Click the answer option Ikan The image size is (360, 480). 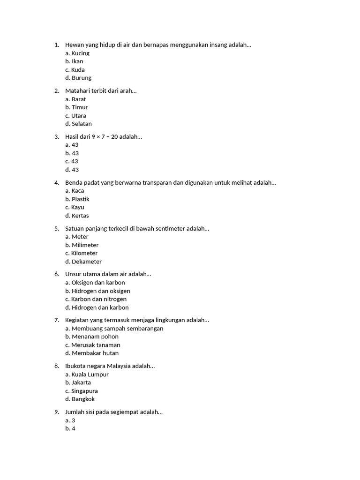pyautogui.click(x=77, y=61)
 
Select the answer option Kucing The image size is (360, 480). pyautogui.click(x=80, y=53)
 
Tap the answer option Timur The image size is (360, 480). pyautogui.click(x=80, y=107)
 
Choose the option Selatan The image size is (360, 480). pyautogui.click(x=82, y=124)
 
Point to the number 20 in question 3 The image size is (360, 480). pyautogui.click(x=114, y=137)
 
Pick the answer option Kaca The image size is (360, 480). pyautogui.click(x=78, y=191)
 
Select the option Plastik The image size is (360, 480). pyautogui.click(x=80, y=199)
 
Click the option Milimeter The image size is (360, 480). pyautogui.click(x=85, y=245)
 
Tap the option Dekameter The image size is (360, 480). pyautogui.click(x=86, y=262)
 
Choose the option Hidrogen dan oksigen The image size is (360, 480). pyautogui.click(x=101, y=291)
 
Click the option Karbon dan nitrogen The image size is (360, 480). pyautogui.click(x=99, y=299)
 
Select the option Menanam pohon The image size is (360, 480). pyautogui.click(x=95, y=337)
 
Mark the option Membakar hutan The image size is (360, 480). pyautogui.click(x=95, y=353)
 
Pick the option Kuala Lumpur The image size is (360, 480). pyautogui.click(x=90, y=375)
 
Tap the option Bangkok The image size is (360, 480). pyautogui.click(x=83, y=399)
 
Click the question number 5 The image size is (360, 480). pyautogui.click(x=56, y=229)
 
